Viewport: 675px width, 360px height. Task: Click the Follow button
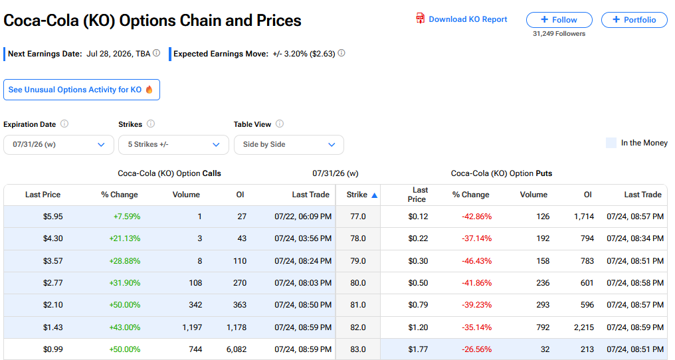point(559,20)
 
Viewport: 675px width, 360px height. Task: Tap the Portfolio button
point(634,20)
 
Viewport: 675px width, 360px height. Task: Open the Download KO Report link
point(462,19)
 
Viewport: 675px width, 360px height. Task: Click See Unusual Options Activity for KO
point(82,90)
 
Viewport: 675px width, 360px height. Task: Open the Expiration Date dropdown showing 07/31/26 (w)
point(58,145)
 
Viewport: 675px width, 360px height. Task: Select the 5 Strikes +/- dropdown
point(173,145)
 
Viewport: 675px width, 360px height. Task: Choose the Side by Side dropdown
point(289,145)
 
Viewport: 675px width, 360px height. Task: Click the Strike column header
point(357,195)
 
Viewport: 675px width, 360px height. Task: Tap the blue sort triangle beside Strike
point(375,195)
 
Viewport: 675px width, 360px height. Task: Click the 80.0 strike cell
point(357,283)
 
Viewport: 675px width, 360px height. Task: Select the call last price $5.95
point(53,216)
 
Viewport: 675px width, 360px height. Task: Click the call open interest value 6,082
point(237,349)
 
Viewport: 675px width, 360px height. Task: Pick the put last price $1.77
point(418,349)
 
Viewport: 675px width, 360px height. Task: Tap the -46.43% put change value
point(476,261)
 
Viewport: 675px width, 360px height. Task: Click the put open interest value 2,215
point(584,327)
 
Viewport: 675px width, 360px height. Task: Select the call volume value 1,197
point(192,327)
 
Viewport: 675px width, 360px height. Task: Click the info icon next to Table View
point(280,124)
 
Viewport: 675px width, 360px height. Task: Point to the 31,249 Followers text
point(559,34)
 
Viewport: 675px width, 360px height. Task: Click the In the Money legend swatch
point(611,143)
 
